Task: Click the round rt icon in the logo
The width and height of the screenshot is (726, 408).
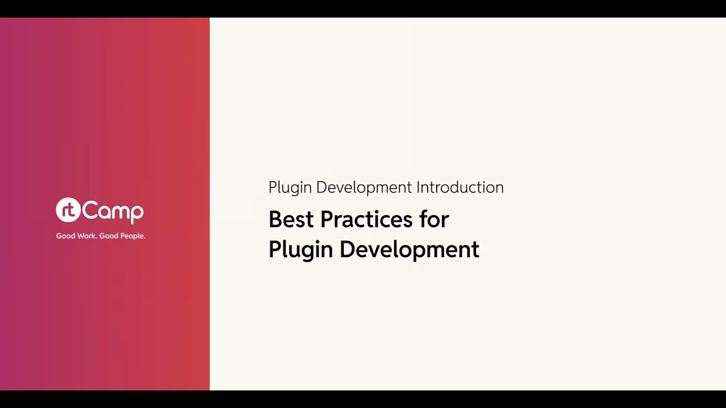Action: pos(68,210)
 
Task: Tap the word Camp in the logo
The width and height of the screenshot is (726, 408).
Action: pos(113,212)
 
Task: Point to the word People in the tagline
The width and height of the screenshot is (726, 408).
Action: pos(133,236)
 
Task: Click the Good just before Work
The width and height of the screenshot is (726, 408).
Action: pos(66,236)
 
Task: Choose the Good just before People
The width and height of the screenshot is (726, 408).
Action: pos(109,236)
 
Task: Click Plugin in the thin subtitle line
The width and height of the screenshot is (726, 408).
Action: pos(290,188)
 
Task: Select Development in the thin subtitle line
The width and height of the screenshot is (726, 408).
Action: pos(364,188)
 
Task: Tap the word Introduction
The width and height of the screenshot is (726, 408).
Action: pos(460,188)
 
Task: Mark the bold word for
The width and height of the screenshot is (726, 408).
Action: pos(434,219)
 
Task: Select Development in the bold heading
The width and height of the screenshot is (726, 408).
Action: pos(410,250)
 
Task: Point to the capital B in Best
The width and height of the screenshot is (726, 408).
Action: pos(275,219)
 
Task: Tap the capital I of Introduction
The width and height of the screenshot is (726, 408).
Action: pos(419,188)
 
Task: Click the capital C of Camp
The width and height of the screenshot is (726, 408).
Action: pos(90,211)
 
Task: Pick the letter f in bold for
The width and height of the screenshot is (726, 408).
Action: pos(423,219)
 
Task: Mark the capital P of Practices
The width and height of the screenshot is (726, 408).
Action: pos(326,219)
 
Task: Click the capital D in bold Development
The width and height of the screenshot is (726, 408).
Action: pos(346,249)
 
